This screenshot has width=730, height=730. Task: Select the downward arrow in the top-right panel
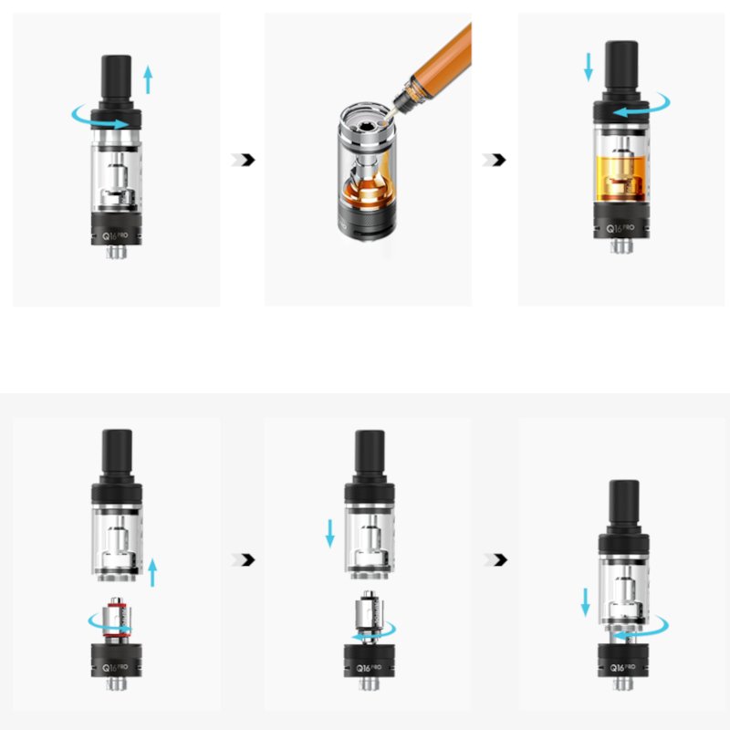[589, 66]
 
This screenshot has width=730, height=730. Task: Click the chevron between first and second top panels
[244, 160]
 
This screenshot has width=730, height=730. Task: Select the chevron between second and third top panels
[495, 160]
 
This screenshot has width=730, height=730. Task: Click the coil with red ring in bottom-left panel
[116, 618]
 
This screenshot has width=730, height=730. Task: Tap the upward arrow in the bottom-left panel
[152, 573]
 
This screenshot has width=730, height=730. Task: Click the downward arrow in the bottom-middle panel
[330, 534]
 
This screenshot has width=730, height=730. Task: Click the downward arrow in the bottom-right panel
[584, 602]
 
